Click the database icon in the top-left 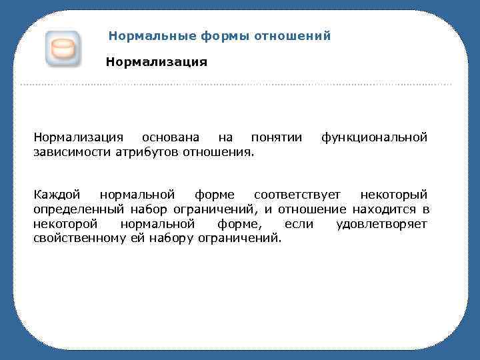[63, 49]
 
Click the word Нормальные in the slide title [142, 36]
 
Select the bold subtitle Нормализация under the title [157, 62]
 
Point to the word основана [171, 138]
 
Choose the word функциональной [374, 138]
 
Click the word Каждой [57, 195]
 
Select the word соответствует [297, 195]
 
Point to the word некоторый [393, 195]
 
